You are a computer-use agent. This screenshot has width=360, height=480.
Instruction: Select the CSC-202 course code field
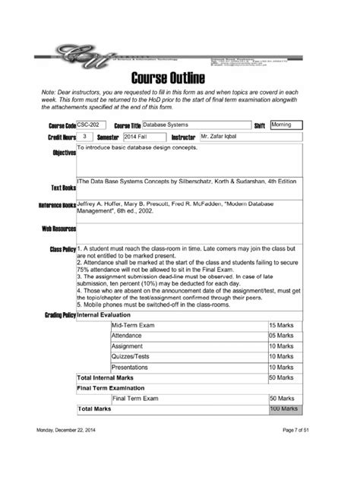(91, 125)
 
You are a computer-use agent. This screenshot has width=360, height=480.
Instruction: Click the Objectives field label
(64, 153)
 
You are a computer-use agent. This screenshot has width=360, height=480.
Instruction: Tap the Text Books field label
(62, 187)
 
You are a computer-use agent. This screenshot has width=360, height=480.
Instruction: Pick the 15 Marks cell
(283, 325)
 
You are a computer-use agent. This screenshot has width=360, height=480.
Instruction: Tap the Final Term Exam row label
(135, 397)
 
